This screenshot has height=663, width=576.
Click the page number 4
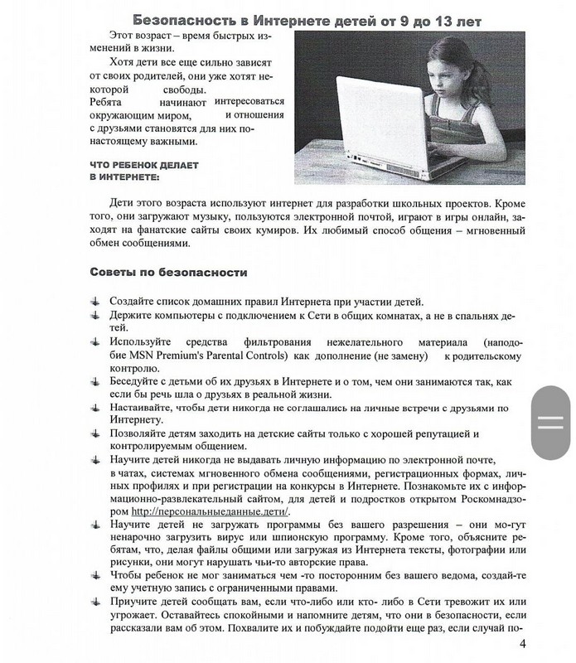click(522, 646)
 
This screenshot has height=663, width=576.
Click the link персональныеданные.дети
click(211, 511)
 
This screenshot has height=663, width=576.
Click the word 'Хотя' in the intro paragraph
click(121, 64)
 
